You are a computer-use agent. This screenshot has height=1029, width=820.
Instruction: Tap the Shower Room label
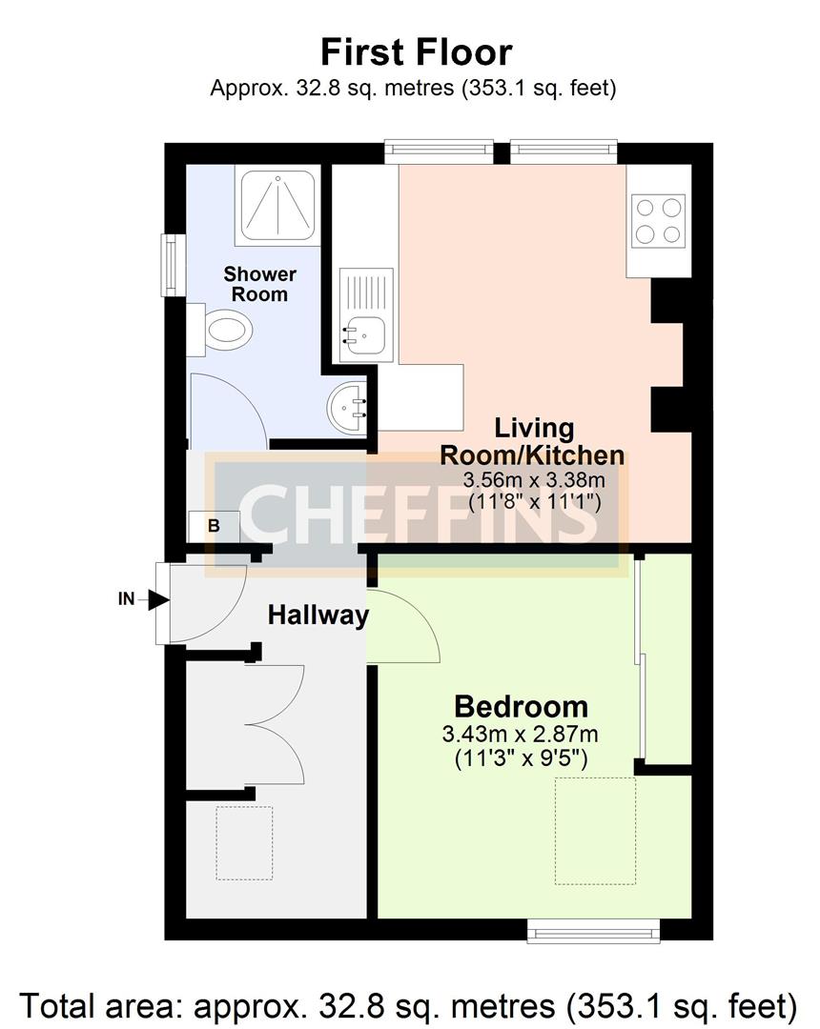[x=259, y=284]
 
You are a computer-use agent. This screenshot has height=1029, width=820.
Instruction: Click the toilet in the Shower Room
[x=223, y=331]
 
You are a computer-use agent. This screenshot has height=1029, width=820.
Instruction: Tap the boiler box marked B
[x=214, y=525]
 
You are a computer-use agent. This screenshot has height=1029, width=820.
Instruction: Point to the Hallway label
[x=318, y=615]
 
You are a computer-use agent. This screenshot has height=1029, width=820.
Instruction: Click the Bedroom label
[x=521, y=707]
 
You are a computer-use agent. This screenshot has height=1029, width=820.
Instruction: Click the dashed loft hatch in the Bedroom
[x=596, y=831]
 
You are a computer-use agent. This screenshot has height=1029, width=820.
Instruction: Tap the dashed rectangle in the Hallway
[x=244, y=842]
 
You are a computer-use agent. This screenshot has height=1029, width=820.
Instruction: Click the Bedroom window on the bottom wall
[x=593, y=931]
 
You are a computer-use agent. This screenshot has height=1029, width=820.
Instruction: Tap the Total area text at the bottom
[x=409, y=1004]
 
